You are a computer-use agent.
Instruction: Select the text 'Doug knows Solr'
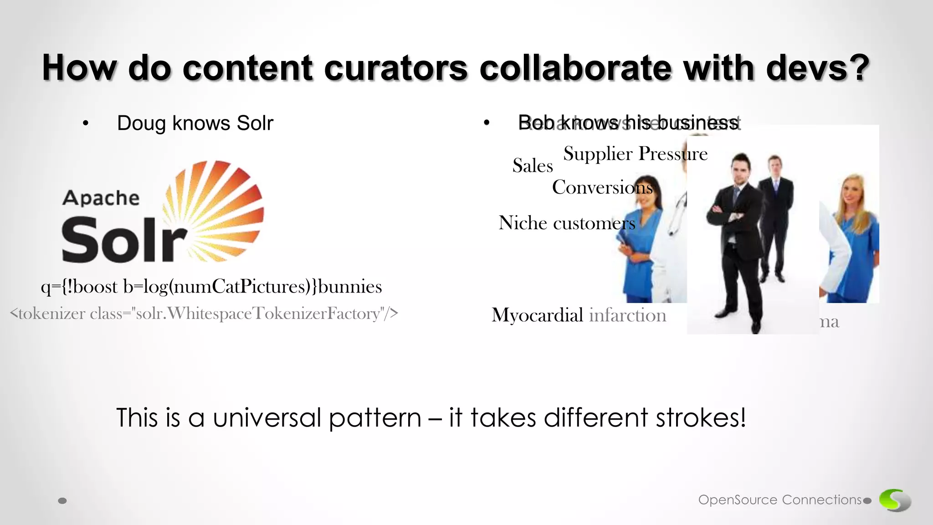point(195,123)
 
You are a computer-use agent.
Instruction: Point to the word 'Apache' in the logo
point(101,198)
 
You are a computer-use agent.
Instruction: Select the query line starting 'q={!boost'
point(211,287)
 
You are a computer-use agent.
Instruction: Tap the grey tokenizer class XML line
point(204,314)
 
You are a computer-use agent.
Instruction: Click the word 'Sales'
point(533,165)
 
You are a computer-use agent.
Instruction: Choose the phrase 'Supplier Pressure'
point(635,154)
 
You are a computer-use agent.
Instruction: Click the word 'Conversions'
point(602,187)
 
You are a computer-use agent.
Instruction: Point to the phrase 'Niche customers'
point(566,223)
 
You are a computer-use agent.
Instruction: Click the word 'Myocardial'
point(537,315)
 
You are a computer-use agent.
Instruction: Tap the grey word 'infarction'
point(627,315)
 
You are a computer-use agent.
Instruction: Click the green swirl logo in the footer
point(894,500)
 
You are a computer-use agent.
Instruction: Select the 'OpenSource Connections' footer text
point(780,500)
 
